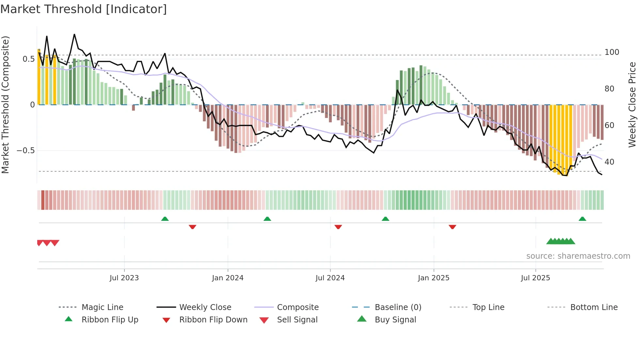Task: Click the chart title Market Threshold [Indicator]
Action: (x=84, y=9)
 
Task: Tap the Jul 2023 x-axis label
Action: (x=124, y=278)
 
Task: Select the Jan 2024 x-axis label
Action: (x=228, y=278)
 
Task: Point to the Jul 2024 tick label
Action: (x=330, y=278)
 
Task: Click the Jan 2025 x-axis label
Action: (x=434, y=278)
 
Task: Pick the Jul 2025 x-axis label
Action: (x=536, y=278)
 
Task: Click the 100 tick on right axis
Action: (x=612, y=52)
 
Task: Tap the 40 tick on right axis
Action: (x=609, y=162)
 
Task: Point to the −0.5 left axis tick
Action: (x=25, y=151)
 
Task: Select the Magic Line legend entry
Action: (x=102, y=307)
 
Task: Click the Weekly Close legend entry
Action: (x=205, y=307)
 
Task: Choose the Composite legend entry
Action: (x=298, y=307)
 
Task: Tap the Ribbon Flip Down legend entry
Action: (x=213, y=320)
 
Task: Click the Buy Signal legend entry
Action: (x=395, y=320)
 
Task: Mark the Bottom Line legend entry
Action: (x=594, y=307)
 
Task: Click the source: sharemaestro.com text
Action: (x=578, y=256)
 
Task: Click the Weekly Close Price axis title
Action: (x=632, y=105)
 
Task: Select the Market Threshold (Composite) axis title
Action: (x=5, y=105)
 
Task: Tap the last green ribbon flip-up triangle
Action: (x=582, y=219)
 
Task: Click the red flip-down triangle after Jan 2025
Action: (x=452, y=227)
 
